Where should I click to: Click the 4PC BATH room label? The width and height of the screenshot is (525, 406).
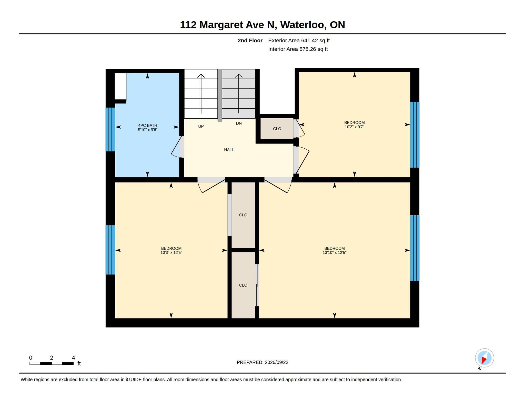pos(148,125)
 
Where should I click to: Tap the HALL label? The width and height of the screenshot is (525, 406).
pos(229,150)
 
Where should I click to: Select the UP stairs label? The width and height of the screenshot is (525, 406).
pos(201,126)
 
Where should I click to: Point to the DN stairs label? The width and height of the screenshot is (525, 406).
pos(239,123)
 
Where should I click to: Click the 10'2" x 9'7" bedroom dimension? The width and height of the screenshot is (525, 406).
pos(354,127)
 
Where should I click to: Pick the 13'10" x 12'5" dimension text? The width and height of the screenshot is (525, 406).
pos(334,253)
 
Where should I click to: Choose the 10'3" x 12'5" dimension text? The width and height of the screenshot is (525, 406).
pos(171,253)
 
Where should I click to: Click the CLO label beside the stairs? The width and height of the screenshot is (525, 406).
pos(277,129)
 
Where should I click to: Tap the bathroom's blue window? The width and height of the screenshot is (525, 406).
pos(110,129)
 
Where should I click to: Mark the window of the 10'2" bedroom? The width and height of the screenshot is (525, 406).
pos(415,135)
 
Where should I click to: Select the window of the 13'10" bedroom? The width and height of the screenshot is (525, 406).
pos(415,248)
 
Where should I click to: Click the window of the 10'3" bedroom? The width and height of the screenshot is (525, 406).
pos(110,250)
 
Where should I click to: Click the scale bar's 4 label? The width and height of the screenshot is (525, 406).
pos(74,358)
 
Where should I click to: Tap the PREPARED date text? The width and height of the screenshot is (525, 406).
pos(262,362)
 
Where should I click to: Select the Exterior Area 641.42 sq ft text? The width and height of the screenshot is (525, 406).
pos(299,41)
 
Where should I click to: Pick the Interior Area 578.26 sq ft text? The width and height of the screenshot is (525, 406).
pos(298,49)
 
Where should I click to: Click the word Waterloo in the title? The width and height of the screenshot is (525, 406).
pos(303,25)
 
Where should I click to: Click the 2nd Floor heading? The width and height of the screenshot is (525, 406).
pos(250,41)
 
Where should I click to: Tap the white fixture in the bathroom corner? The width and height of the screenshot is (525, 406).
pos(120,86)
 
